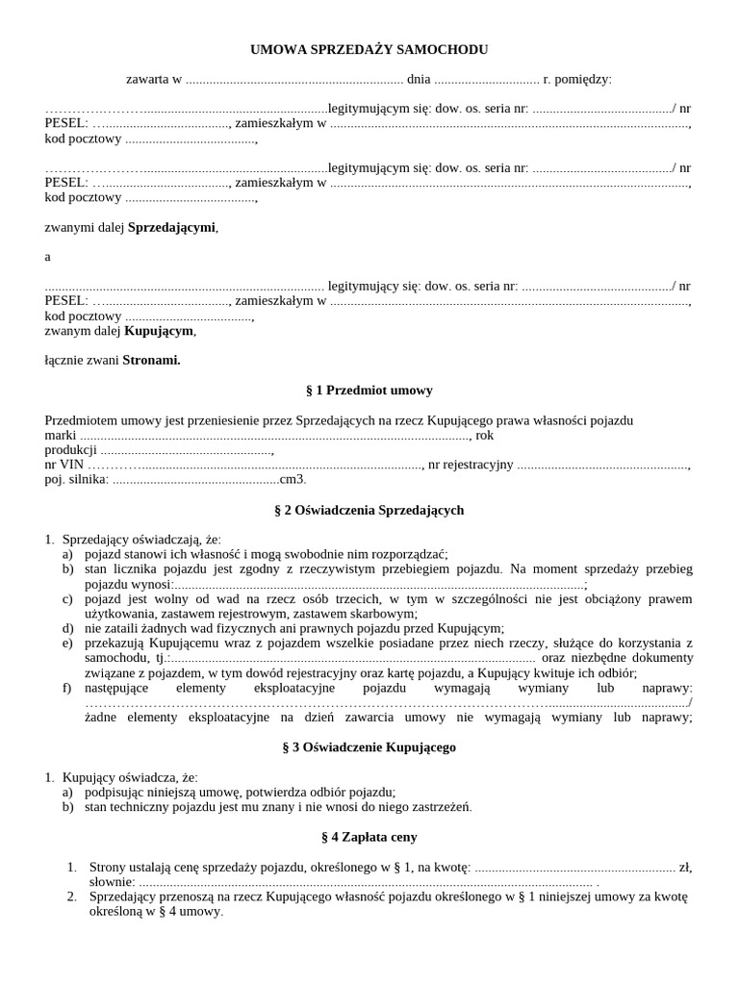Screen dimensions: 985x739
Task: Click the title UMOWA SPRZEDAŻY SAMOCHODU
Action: click(369, 49)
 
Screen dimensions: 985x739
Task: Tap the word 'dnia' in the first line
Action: click(419, 79)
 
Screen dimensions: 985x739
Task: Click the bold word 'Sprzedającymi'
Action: click(172, 227)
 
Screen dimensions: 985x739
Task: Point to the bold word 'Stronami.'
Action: click(151, 360)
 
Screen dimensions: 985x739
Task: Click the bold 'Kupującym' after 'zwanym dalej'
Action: click(159, 330)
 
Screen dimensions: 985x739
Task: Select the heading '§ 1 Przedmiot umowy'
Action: click(369, 390)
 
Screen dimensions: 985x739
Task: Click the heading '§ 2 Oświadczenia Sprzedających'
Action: click(369, 510)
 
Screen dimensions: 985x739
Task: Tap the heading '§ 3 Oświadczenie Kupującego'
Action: click(369, 746)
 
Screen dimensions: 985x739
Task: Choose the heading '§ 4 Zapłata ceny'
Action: click(369, 837)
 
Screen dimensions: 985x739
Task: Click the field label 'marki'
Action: click(61, 435)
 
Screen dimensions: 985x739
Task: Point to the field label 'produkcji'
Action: click(70, 449)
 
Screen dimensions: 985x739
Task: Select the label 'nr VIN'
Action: click(64, 465)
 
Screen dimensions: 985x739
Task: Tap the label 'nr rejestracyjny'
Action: click(471, 465)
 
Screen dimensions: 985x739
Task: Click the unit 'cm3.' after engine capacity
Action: click(293, 479)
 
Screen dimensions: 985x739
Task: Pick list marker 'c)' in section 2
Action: click(67, 598)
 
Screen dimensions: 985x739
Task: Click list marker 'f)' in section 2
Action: click(66, 688)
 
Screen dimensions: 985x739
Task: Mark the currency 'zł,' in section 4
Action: click(685, 867)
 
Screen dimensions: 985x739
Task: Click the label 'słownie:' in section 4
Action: click(112, 881)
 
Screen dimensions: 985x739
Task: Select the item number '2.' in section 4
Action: click(72, 897)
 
